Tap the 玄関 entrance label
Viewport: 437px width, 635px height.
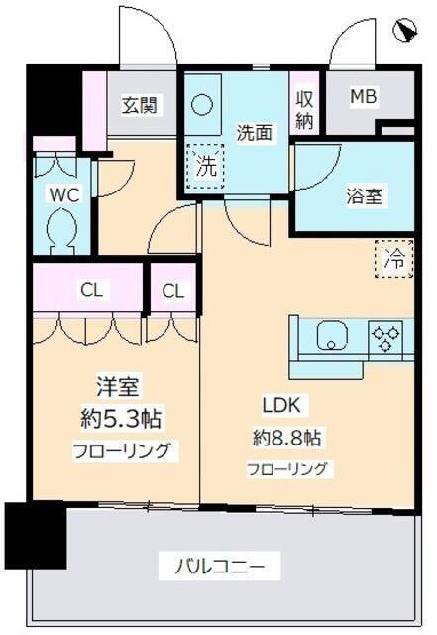138,103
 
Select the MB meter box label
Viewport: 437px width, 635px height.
364,97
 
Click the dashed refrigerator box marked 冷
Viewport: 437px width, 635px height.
393,260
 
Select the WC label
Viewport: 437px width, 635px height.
64,194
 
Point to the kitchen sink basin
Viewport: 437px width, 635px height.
332,338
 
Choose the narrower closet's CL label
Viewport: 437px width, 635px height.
172,291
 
